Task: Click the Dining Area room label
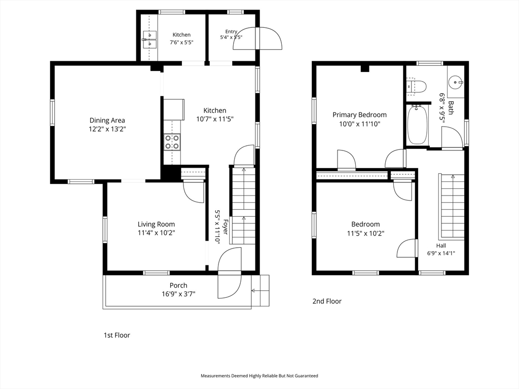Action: pyautogui.click(x=107, y=121)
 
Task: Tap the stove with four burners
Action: pyautogui.click(x=172, y=142)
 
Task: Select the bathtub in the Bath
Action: pyautogui.click(x=417, y=125)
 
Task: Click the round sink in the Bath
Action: pyautogui.click(x=456, y=82)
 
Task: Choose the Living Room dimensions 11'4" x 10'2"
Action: pyautogui.click(x=156, y=233)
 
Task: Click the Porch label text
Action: pyautogui.click(x=178, y=285)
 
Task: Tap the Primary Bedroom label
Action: pyautogui.click(x=359, y=115)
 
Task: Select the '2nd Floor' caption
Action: pyautogui.click(x=327, y=301)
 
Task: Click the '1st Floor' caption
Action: pyautogui.click(x=117, y=335)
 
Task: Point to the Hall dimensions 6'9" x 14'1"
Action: pyautogui.click(x=441, y=253)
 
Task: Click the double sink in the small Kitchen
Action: pyautogui.click(x=150, y=39)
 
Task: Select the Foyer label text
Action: pyautogui.click(x=226, y=227)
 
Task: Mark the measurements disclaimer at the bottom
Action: pyautogui.click(x=259, y=376)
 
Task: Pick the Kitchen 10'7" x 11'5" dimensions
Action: pyautogui.click(x=215, y=119)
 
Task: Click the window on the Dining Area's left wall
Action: pyautogui.click(x=52, y=113)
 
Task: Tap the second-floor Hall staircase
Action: pyautogui.click(x=452, y=207)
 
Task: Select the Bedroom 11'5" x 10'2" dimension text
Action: pyautogui.click(x=365, y=233)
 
